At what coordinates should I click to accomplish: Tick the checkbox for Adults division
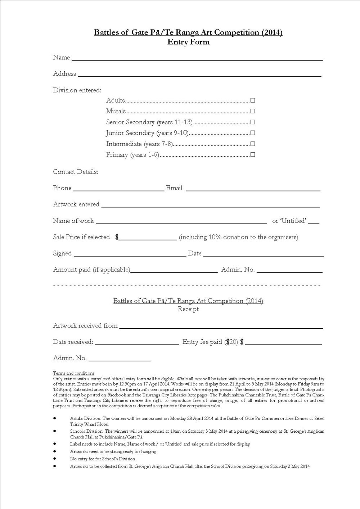pos(253,100)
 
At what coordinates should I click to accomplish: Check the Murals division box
pos(253,111)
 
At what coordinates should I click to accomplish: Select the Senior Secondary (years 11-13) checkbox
pos(253,122)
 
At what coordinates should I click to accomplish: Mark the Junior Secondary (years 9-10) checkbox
pos(253,133)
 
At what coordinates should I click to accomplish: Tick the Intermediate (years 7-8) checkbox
pos(253,144)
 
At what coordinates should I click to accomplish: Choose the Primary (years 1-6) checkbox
pos(253,155)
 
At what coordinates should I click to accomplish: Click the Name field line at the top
pos(197,59)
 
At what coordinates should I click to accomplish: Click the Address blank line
pos(199,75)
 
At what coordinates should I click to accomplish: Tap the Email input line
pos(253,189)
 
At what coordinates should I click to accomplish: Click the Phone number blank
pos(118,189)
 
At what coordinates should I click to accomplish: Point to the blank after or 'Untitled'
pos(314,222)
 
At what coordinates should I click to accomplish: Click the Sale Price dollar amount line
pos(148,238)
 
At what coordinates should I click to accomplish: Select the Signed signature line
pos(130,255)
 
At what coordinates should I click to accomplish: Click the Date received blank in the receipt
pos(136,343)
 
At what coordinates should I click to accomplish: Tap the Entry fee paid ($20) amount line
pos(283,343)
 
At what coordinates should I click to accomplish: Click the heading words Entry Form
pos(188,42)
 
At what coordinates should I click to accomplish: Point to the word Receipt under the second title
pos(188,309)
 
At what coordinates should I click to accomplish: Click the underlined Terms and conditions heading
pos(73,373)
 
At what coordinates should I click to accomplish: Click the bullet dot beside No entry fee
pos(55,459)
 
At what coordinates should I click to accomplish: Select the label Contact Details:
pos(75,172)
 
